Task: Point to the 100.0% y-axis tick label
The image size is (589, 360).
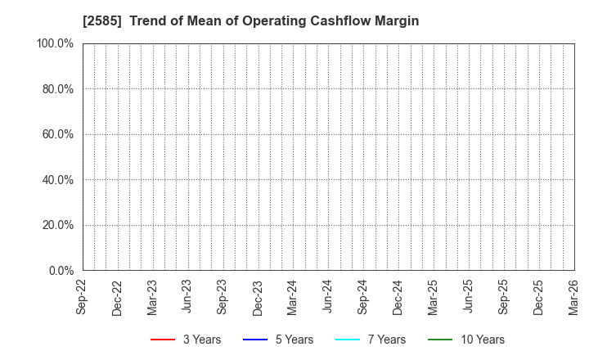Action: click(x=56, y=43)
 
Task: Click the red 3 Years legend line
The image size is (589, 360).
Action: click(x=163, y=340)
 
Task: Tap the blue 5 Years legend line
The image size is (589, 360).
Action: click(x=255, y=340)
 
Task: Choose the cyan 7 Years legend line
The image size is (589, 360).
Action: click(x=348, y=340)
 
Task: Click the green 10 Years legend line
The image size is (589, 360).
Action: click(x=440, y=340)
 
